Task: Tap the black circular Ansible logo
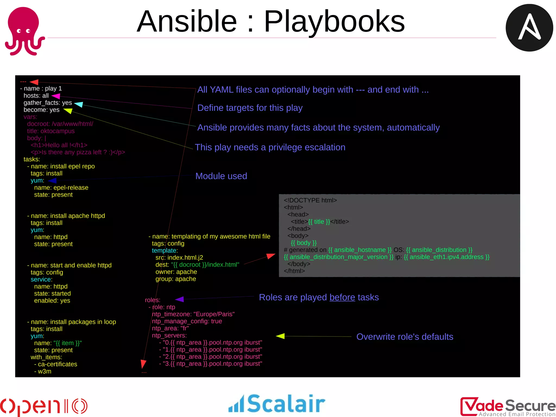[529, 28]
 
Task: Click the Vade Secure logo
[507, 406]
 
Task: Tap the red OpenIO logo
[43, 406]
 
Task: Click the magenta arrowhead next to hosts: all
[56, 96]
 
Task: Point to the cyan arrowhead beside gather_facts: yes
[78, 104]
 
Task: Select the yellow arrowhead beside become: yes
[68, 111]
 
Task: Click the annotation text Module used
[221, 176]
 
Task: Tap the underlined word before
[342, 297]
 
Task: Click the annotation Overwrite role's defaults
[405, 337]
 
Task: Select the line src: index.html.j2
[179, 258]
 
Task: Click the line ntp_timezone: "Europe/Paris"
[193, 314]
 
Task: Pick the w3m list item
[44, 371]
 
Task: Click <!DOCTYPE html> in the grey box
[310, 200]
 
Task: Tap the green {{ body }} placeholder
[304, 243]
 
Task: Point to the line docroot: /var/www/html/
[60, 124]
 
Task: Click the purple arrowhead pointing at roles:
[180, 299]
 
